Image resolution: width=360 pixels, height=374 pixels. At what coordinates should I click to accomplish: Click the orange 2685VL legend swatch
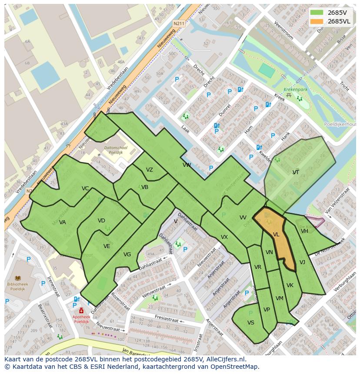click(x=317, y=21)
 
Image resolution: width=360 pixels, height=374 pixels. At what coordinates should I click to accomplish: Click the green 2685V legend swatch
click(x=317, y=12)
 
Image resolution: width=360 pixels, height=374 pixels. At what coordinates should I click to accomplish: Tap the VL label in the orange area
click(x=276, y=235)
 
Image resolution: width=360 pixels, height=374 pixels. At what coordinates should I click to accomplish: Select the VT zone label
click(x=296, y=172)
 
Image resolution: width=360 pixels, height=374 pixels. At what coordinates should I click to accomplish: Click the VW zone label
click(x=187, y=165)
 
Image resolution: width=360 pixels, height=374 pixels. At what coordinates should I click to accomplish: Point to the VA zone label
click(x=63, y=222)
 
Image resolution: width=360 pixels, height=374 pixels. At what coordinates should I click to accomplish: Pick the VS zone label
click(x=251, y=323)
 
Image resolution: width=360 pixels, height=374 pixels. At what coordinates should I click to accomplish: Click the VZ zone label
click(x=150, y=170)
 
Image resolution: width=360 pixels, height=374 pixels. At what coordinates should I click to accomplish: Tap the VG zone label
click(x=127, y=255)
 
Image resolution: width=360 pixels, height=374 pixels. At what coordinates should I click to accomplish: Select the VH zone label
click(x=304, y=231)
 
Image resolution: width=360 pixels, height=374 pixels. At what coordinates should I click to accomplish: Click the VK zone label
click(x=290, y=285)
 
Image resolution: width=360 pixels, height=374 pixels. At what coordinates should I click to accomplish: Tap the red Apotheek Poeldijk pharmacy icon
click(x=81, y=311)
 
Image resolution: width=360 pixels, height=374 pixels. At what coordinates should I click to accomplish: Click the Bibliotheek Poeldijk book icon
click(x=18, y=278)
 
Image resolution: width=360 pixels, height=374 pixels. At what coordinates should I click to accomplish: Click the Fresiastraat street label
click(x=167, y=320)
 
